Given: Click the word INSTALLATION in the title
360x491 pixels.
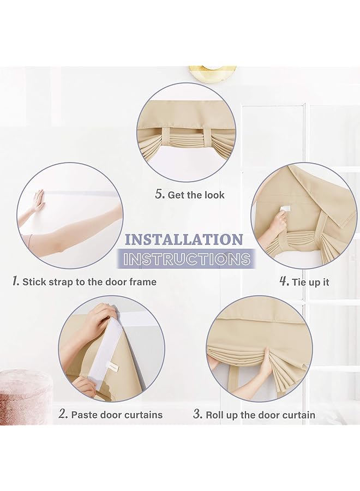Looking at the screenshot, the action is [184, 240].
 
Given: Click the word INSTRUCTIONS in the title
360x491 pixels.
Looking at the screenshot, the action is [187, 259].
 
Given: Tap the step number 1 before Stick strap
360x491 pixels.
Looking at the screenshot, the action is [16, 281].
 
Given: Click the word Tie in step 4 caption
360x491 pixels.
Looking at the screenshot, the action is [299, 282].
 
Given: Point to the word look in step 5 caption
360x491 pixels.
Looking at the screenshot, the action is [214, 195].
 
